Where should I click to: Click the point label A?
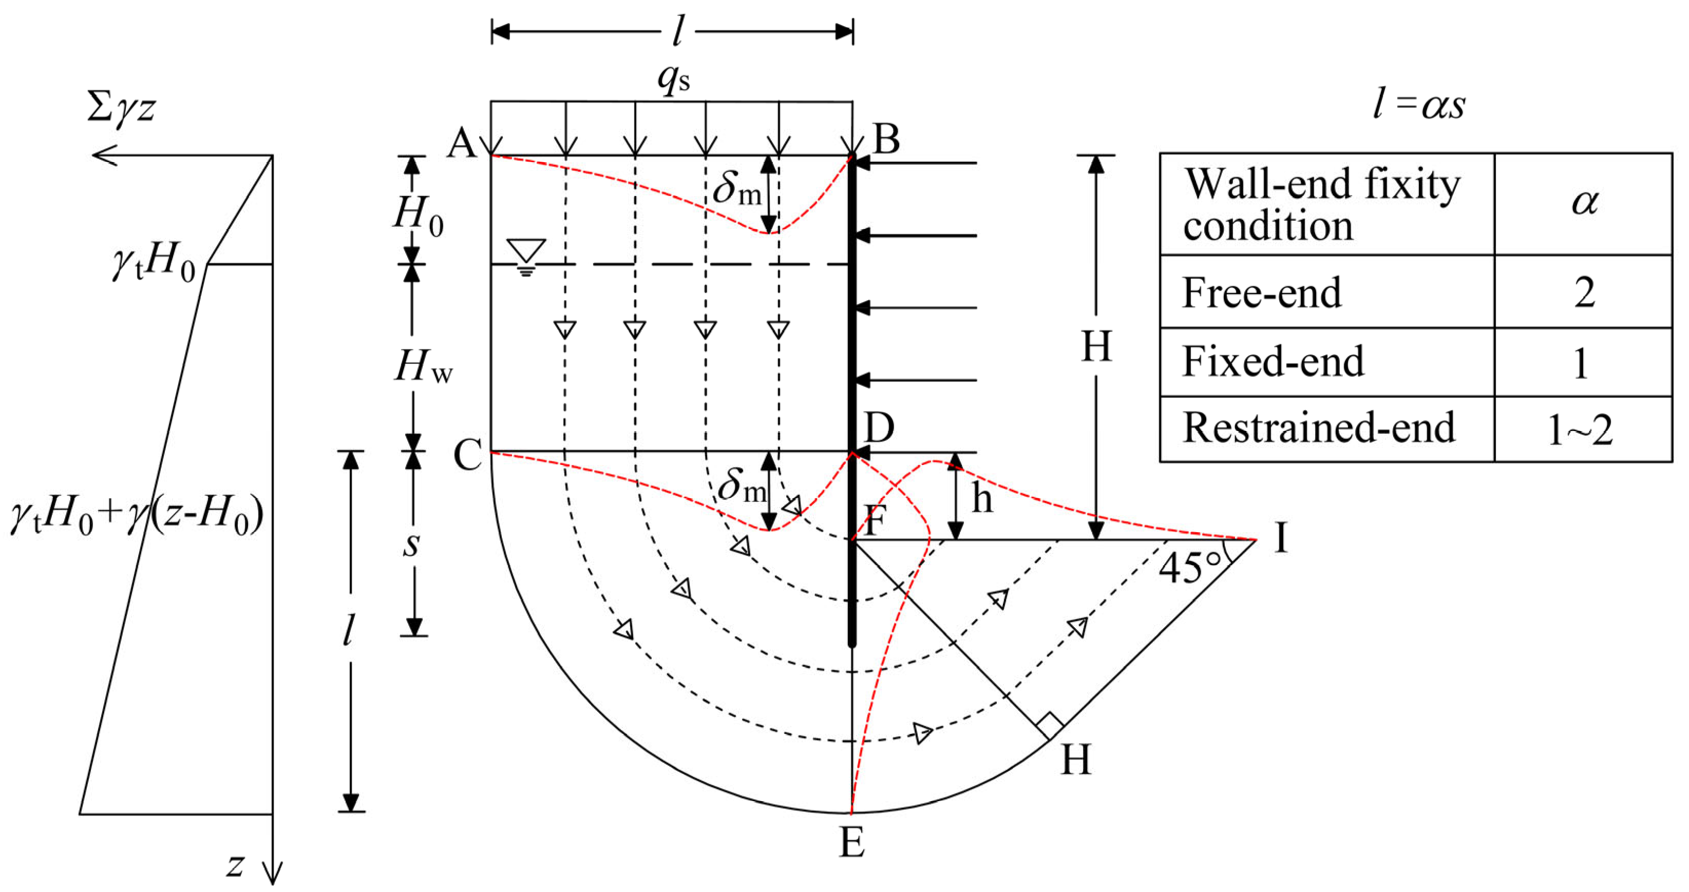[x=462, y=143]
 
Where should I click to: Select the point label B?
[x=886, y=139]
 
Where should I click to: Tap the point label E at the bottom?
[x=852, y=843]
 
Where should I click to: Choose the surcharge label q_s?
[x=674, y=81]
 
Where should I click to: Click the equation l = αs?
[x=1419, y=105]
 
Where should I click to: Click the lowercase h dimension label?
[x=981, y=499]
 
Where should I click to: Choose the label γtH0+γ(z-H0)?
[x=137, y=516]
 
